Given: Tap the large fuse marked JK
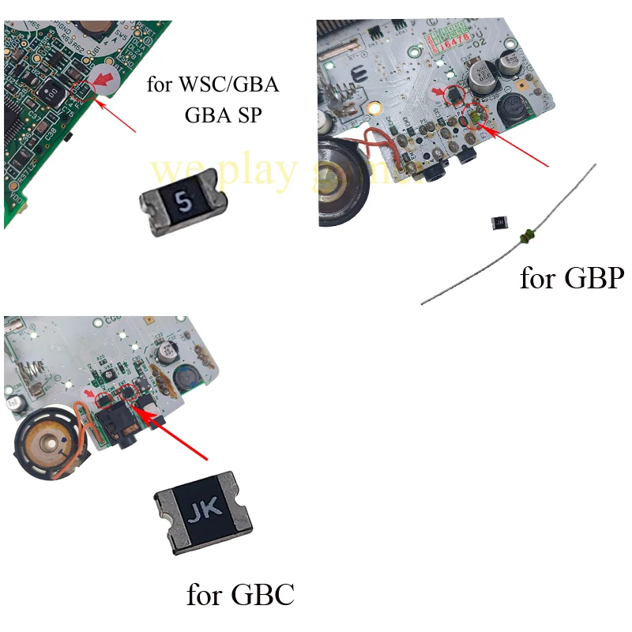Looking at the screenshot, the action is [x=203, y=510].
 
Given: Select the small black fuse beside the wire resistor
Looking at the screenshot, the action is [x=498, y=224].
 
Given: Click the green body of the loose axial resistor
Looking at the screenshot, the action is [x=525, y=235].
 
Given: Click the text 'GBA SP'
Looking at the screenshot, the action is [x=224, y=115].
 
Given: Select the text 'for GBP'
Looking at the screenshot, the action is [x=571, y=278].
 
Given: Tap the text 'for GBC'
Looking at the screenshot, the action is [x=240, y=593].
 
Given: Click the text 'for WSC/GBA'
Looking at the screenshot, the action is [x=213, y=85].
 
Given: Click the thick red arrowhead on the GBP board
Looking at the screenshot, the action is [x=441, y=92].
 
